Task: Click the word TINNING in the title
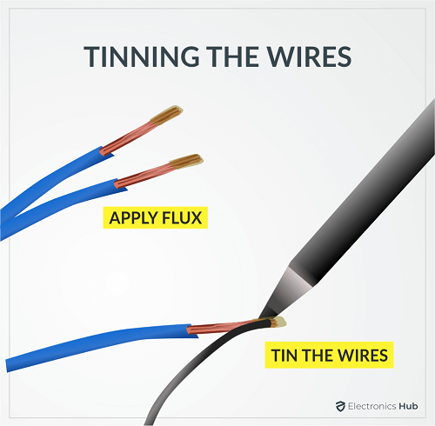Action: [142, 57]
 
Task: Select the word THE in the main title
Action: [232, 57]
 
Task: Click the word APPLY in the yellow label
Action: [133, 218]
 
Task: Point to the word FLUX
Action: [182, 218]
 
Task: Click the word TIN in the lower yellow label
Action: [285, 356]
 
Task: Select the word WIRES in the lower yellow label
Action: [363, 356]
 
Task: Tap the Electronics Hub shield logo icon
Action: [340, 406]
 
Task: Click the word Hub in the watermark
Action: [408, 406]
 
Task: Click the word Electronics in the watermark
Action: [372, 406]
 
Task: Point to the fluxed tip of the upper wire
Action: [166, 115]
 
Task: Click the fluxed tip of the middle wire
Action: [186, 161]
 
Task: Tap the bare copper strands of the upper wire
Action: [129, 137]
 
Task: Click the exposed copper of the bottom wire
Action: [220, 328]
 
